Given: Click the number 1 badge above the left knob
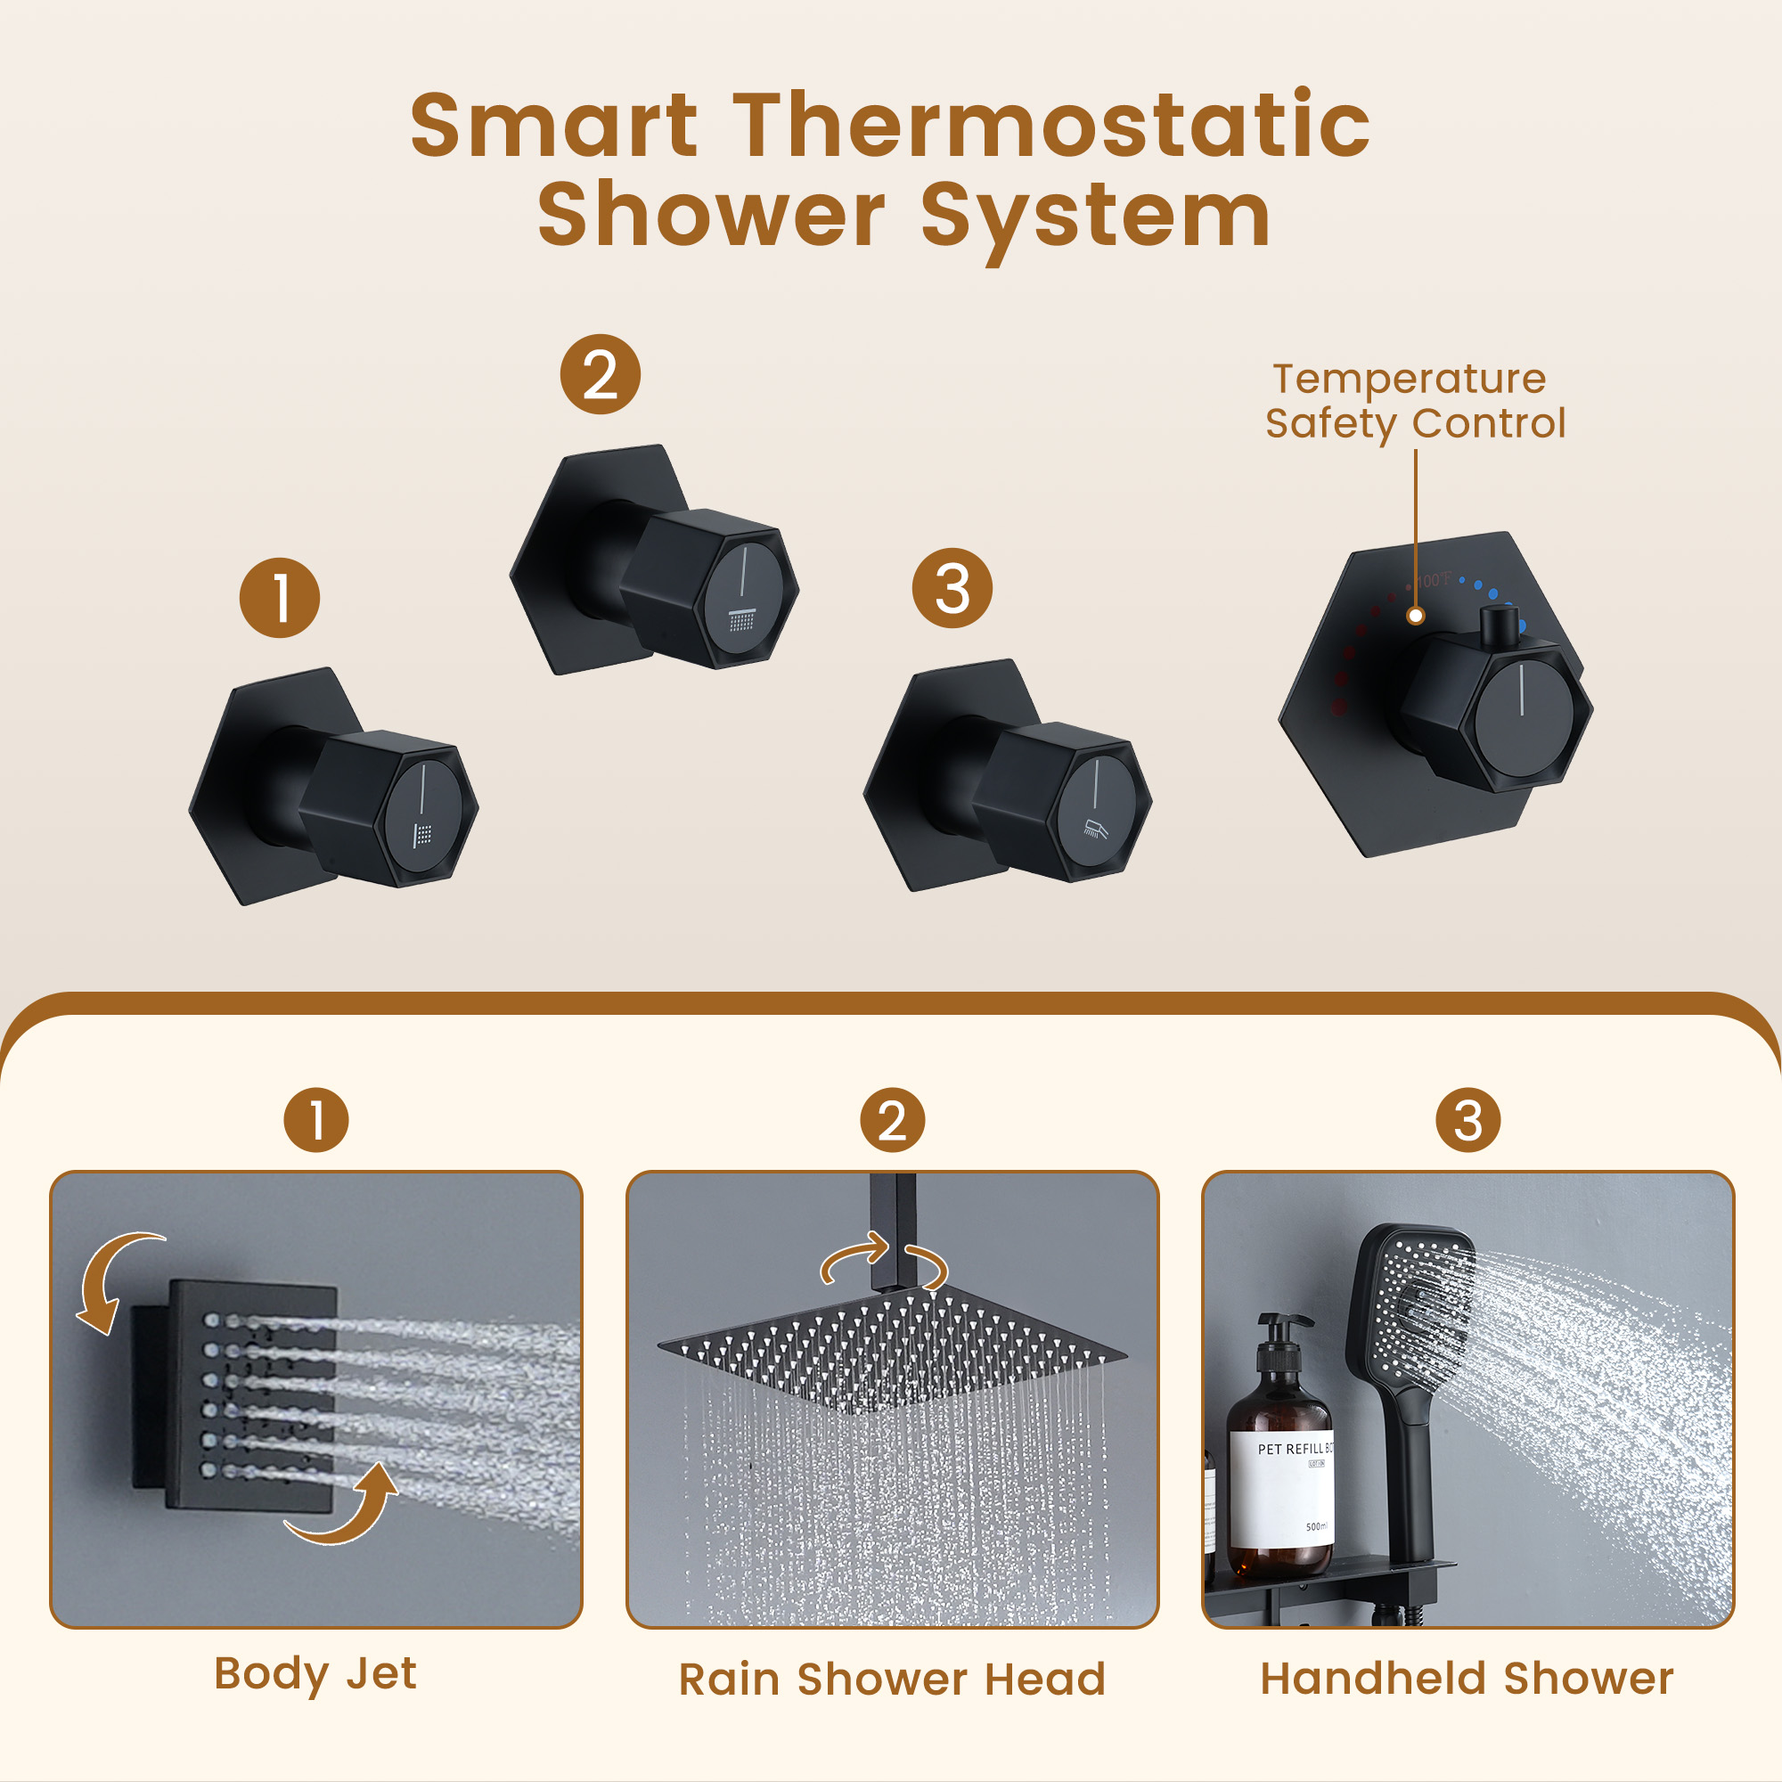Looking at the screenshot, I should pyautogui.click(x=280, y=598).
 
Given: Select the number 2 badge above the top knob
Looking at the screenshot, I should pyautogui.click(x=601, y=374).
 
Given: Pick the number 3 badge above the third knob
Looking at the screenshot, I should pyautogui.click(x=952, y=588).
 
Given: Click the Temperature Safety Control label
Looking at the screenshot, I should pyautogui.click(x=1414, y=401).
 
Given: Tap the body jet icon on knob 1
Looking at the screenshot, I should pyautogui.click(x=422, y=835).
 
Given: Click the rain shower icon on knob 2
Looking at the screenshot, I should pyautogui.click(x=741, y=619).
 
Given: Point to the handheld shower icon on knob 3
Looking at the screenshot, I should pyautogui.click(x=1095, y=830).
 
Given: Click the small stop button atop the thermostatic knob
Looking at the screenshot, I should pyautogui.click(x=1498, y=625).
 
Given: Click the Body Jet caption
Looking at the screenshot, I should pyautogui.click(x=315, y=1673).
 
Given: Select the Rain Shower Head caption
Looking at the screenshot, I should pyautogui.click(x=892, y=1679).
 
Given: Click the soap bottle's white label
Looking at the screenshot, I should pyautogui.click(x=1282, y=1489).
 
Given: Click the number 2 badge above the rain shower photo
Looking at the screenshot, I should pyautogui.click(x=892, y=1121).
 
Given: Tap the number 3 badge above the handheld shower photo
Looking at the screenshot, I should pyautogui.click(x=1467, y=1121).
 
